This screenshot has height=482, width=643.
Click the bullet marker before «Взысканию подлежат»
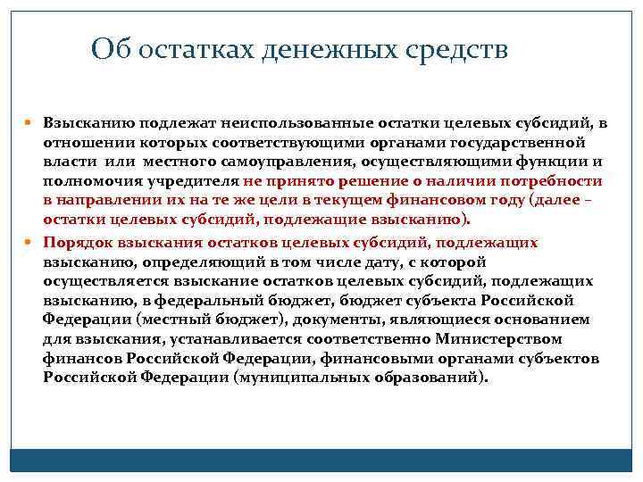coord(33,123)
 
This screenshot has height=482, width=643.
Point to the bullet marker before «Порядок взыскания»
coord(33,242)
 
